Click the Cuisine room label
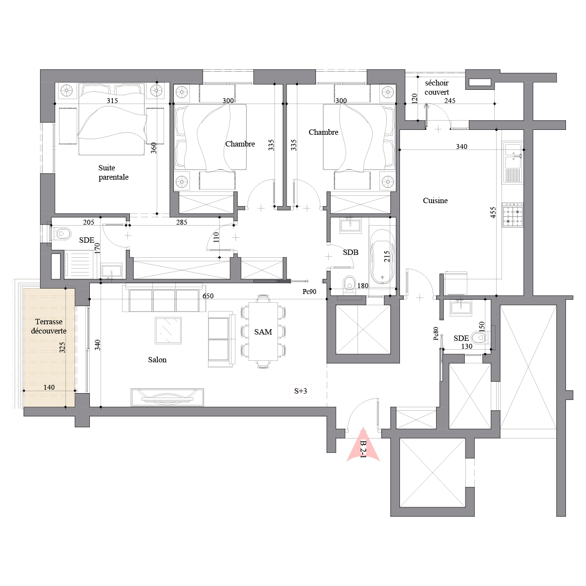(x=435, y=201)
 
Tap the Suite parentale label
(x=113, y=172)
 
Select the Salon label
(x=157, y=360)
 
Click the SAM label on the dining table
(x=263, y=332)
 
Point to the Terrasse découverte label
(x=49, y=326)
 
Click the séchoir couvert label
(x=437, y=87)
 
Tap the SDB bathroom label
(x=351, y=252)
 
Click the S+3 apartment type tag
(x=300, y=391)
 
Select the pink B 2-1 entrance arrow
(x=363, y=445)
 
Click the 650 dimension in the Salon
(x=208, y=296)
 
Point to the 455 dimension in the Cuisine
(x=493, y=212)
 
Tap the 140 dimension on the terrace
(x=49, y=387)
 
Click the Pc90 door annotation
(x=309, y=292)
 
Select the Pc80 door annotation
(x=436, y=334)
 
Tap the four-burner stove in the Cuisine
(x=513, y=216)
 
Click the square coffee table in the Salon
(x=168, y=331)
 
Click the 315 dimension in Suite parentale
(x=112, y=101)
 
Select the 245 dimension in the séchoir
(x=450, y=101)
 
